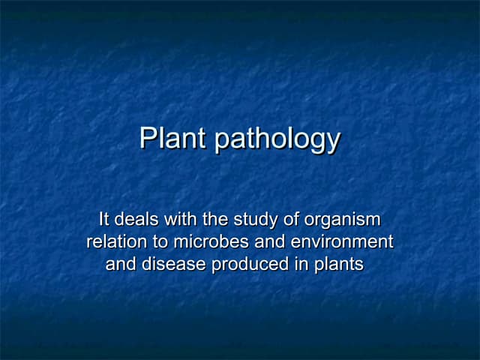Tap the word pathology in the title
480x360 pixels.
point(277,140)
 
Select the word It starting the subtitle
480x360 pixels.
point(104,220)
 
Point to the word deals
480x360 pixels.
point(139,220)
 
